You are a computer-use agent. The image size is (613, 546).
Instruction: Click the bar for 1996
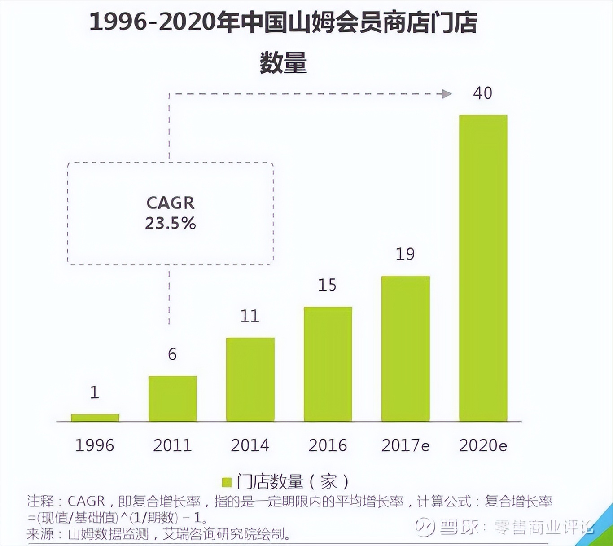(95, 418)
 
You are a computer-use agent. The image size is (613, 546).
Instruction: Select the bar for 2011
(172, 399)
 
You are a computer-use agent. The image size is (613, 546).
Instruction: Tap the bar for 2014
(250, 379)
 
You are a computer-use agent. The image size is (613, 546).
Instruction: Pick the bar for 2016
(328, 364)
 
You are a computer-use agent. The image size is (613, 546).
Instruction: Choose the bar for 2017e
(405, 349)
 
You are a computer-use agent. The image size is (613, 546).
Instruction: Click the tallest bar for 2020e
(483, 269)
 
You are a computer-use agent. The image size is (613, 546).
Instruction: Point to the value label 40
(482, 93)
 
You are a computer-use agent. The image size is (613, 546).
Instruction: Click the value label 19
(405, 254)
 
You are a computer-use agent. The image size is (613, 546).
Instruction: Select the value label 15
(327, 285)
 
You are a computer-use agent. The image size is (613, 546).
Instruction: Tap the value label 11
(250, 316)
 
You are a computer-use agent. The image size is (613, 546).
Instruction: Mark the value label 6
(172, 354)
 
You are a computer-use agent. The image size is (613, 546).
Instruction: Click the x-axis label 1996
(95, 445)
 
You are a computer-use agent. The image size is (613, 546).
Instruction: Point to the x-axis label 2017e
(405, 445)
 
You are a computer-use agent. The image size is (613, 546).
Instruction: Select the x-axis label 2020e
(483, 445)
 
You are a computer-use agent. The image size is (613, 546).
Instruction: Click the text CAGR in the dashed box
(171, 203)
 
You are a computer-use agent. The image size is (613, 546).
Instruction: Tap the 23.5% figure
(171, 223)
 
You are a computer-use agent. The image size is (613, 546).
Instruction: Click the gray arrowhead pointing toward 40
(447, 94)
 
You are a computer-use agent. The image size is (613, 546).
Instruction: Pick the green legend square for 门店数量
(227, 482)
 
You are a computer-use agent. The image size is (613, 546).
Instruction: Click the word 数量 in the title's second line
(283, 62)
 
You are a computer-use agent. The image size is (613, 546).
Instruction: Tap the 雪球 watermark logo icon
(425, 527)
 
